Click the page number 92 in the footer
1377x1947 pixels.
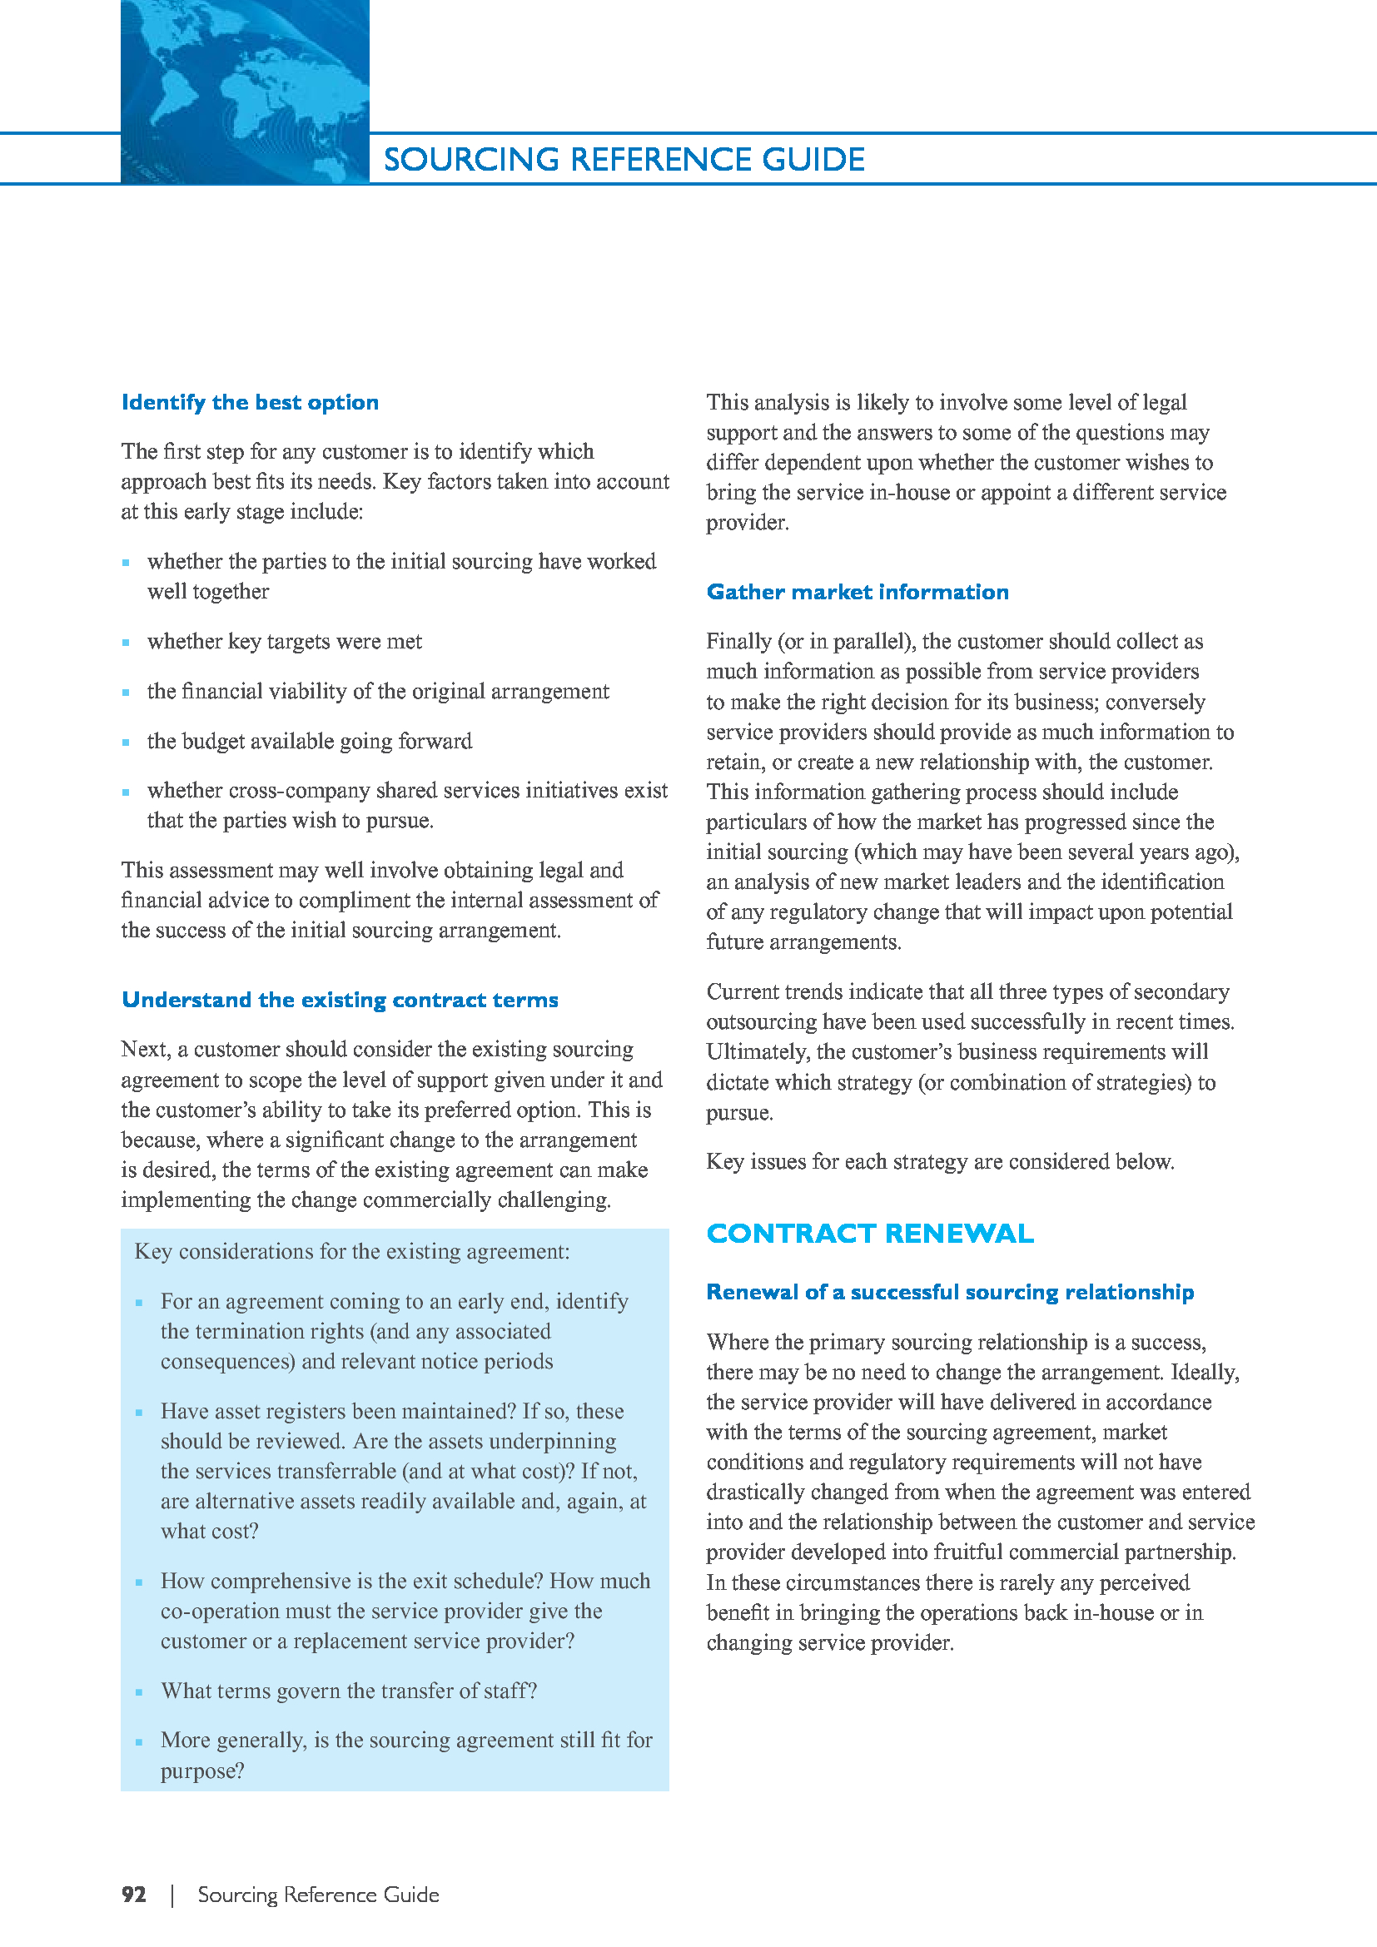coord(134,1895)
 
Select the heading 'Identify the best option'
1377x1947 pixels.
coord(250,402)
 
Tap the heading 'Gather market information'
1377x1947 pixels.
coord(858,592)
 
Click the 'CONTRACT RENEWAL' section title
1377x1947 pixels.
coord(870,1233)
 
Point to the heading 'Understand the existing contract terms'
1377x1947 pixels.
coord(340,1000)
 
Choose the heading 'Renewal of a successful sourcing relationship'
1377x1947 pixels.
coord(950,1292)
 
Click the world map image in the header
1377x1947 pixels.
coord(245,92)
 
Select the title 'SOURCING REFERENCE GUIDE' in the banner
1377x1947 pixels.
coord(624,160)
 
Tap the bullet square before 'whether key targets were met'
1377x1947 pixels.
coord(127,643)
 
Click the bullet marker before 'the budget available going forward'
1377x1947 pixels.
coord(127,743)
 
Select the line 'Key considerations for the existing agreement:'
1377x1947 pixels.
coord(352,1252)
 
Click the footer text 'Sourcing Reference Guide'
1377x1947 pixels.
coord(318,1895)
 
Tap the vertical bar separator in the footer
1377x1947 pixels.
coord(173,1895)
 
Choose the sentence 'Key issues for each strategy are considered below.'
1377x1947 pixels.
coord(939,1162)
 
